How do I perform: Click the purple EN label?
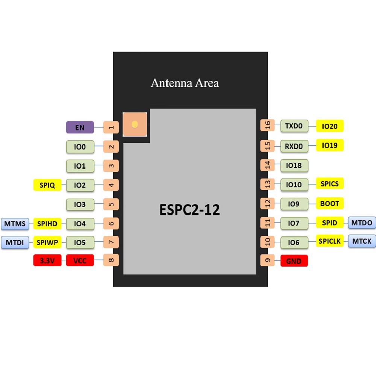pyautogui.click(x=80, y=127)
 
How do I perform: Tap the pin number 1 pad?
pyautogui.click(x=111, y=127)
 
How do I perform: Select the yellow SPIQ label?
pyautogui.click(x=47, y=185)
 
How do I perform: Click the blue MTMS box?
pyautogui.click(x=15, y=224)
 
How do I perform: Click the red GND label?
pyautogui.click(x=294, y=261)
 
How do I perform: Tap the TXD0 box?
pyautogui.click(x=294, y=126)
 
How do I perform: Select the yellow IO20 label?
pyautogui.click(x=330, y=126)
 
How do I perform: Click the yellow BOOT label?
pyautogui.click(x=330, y=203)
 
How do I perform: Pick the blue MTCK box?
pyautogui.click(x=362, y=241)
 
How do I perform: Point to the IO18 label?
pyautogui.click(x=294, y=165)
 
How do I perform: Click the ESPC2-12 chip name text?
pyautogui.click(x=190, y=210)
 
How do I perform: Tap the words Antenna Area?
pyautogui.click(x=185, y=83)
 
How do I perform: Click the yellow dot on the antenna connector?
pyautogui.click(x=135, y=124)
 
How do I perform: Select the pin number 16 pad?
pyautogui.click(x=268, y=126)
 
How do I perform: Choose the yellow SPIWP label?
pyautogui.click(x=47, y=243)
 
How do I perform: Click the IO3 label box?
pyautogui.click(x=80, y=205)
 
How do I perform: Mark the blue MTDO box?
pyautogui.click(x=362, y=223)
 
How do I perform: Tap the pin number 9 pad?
pyautogui.click(x=268, y=260)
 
